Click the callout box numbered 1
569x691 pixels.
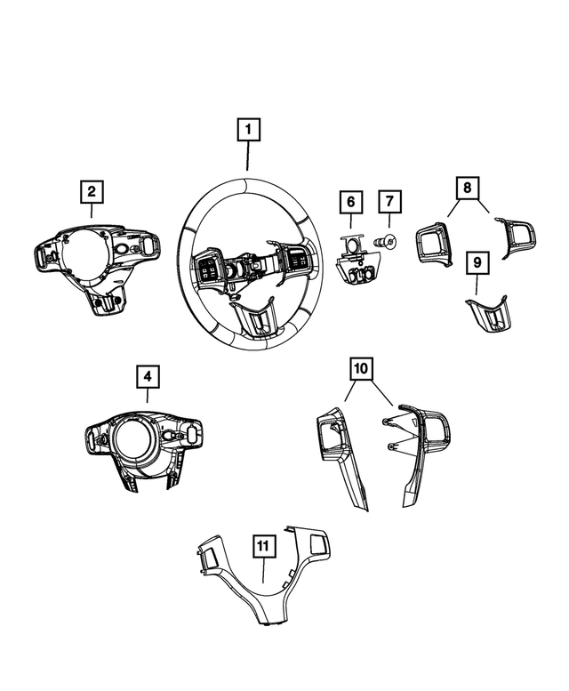(x=248, y=131)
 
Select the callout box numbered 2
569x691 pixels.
(x=91, y=191)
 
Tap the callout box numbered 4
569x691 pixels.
(x=148, y=378)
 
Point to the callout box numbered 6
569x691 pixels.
(x=350, y=203)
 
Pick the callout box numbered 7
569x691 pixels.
(x=389, y=203)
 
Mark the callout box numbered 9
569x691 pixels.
(x=477, y=262)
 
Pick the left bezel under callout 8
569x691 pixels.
(x=434, y=242)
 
